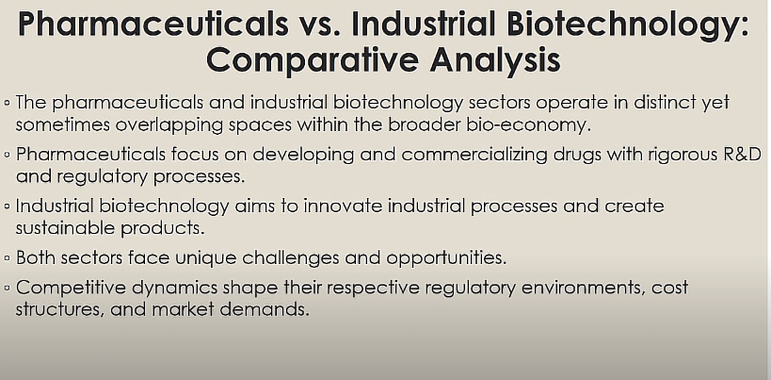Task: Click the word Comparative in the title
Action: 313,60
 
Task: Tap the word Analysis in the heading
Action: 495,60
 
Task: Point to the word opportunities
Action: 446,258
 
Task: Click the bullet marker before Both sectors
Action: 7,258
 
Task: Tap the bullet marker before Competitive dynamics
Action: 7,288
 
